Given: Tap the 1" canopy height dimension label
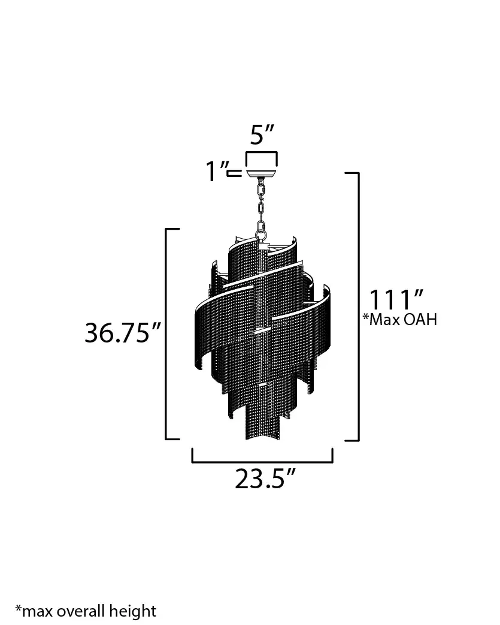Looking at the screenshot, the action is (x=217, y=171).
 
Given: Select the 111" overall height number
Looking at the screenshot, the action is (x=396, y=300).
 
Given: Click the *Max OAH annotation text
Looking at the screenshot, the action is (x=400, y=319).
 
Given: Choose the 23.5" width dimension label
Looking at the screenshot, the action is (x=265, y=478).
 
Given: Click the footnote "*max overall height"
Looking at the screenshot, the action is (x=86, y=611).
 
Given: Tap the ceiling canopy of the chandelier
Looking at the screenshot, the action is (x=261, y=174).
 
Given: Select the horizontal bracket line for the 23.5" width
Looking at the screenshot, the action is (x=262, y=462).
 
